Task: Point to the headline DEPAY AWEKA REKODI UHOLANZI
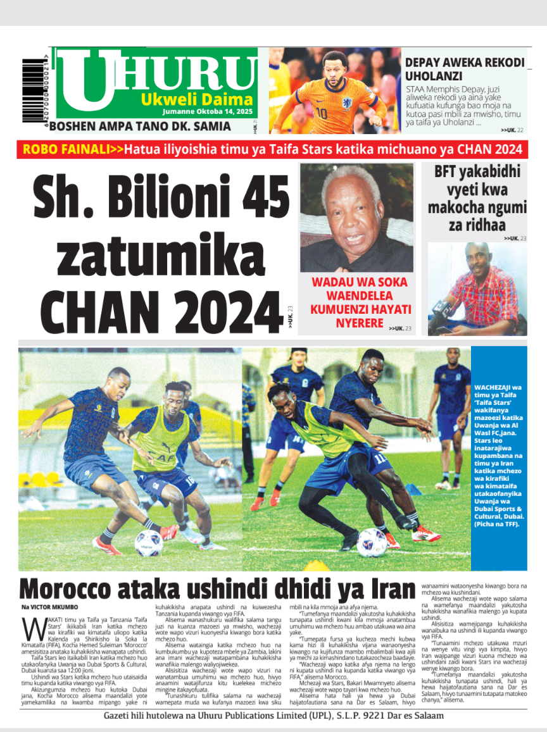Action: pos(465,69)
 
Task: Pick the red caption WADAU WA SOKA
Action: pos(358,282)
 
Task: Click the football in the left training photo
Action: pos(149,543)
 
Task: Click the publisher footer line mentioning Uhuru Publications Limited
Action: pos(273,716)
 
